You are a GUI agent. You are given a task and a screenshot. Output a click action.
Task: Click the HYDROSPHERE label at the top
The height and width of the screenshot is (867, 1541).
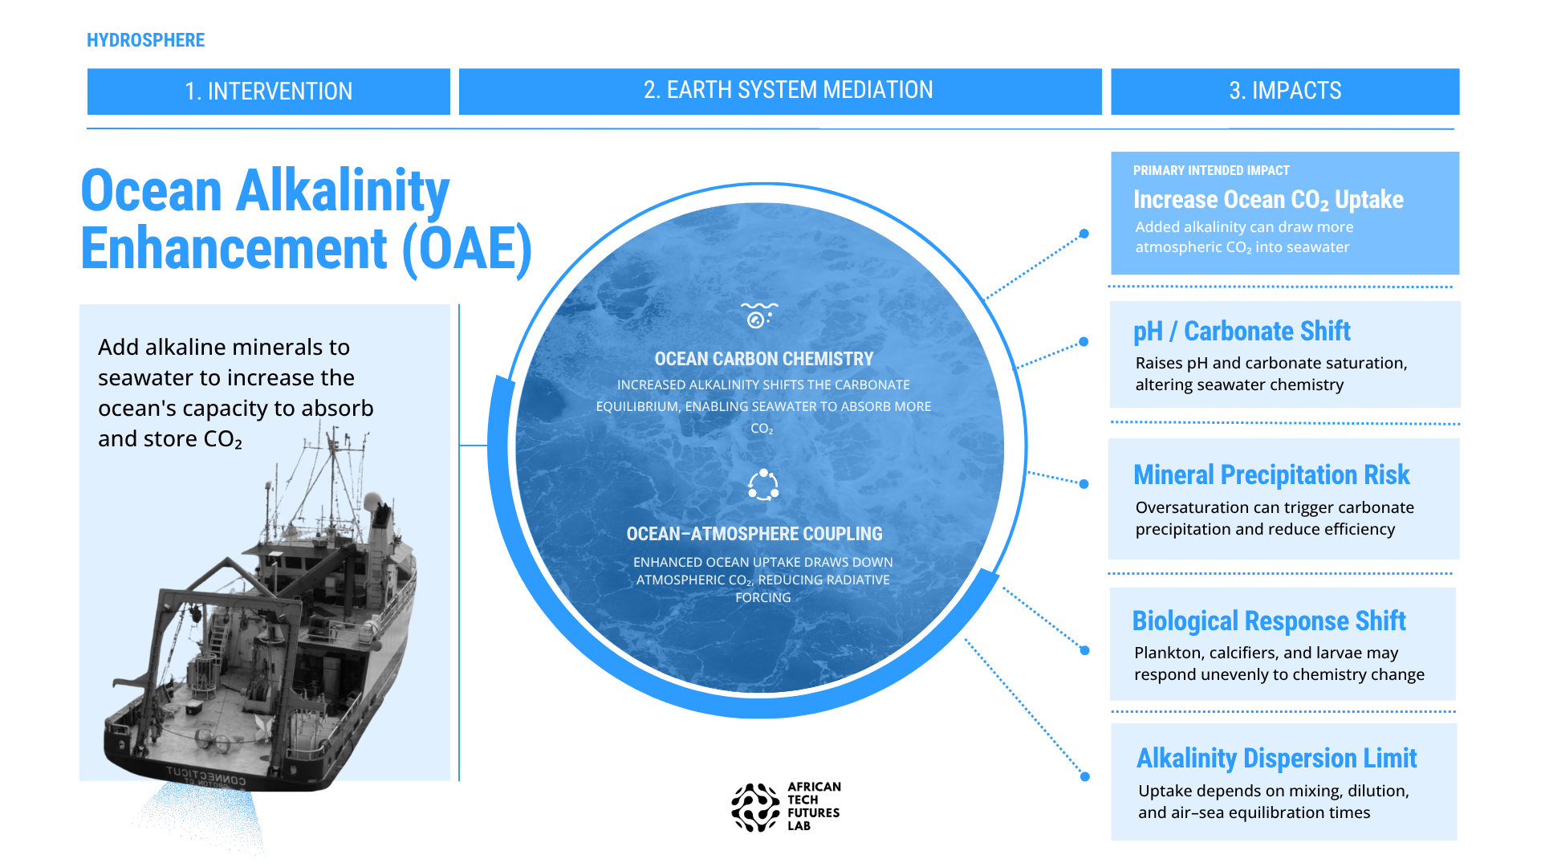(x=145, y=40)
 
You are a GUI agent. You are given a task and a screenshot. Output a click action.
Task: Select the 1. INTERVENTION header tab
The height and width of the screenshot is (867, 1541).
(x=269, y=91)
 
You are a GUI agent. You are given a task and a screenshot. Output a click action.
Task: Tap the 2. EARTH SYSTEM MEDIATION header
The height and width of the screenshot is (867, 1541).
(x=780, y=91)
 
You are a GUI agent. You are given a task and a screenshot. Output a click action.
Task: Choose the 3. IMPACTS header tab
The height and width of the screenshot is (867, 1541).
(x=1285, y=91)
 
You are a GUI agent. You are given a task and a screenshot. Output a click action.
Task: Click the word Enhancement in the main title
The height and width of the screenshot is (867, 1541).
(x=234, y=248)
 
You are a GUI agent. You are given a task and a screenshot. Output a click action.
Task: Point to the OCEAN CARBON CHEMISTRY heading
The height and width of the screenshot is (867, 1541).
(x=763, y=359)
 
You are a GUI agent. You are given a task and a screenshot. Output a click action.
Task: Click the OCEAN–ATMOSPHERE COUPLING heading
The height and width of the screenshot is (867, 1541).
(x=754, y=534)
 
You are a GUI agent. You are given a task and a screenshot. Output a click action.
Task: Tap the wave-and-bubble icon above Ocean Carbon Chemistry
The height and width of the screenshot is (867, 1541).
(x=758, y=315)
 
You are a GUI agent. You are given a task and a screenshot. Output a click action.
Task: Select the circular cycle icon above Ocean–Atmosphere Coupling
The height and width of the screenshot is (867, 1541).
(x=763, y=485)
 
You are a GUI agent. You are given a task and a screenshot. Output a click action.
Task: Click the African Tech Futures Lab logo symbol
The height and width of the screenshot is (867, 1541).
(x=755, y=808)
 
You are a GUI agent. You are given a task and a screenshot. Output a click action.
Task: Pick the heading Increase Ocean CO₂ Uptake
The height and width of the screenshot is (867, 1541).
(x=1268, y=200)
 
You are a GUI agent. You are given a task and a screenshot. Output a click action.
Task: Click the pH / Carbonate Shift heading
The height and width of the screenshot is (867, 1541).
(x=1242, y=331)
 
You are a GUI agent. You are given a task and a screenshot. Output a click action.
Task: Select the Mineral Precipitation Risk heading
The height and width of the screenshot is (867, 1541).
(x=1271, y=474)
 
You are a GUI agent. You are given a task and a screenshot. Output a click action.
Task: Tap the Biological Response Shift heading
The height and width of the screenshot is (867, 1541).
(x=1269, y=621)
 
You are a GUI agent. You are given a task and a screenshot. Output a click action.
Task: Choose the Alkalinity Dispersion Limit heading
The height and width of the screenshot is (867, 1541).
(x=1276, y=758)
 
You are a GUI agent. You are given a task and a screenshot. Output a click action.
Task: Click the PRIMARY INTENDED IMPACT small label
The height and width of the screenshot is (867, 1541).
(x=1211, y=170)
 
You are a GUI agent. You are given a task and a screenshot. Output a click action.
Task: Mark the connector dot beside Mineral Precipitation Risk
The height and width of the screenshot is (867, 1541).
(x=1084, y=484)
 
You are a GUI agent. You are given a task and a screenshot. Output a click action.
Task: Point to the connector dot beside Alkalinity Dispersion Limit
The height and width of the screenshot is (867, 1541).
(x=1085, y=776)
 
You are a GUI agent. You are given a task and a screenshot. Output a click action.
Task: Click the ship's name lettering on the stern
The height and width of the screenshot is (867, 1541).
(x=206, y=775)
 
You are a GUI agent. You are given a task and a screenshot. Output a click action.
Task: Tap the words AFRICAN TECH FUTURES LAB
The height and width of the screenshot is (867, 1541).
(x=814, y=806)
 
